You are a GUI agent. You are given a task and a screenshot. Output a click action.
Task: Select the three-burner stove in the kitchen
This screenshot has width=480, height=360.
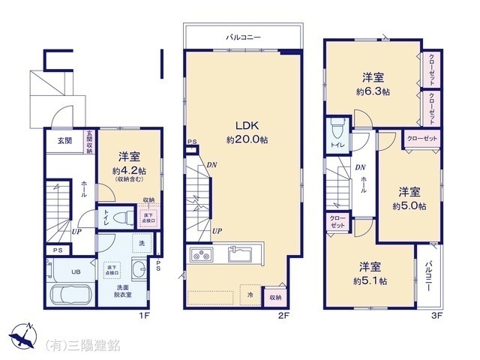coord(201,254)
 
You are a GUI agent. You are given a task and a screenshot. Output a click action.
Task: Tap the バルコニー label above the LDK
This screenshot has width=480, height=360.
coord(243,36)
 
